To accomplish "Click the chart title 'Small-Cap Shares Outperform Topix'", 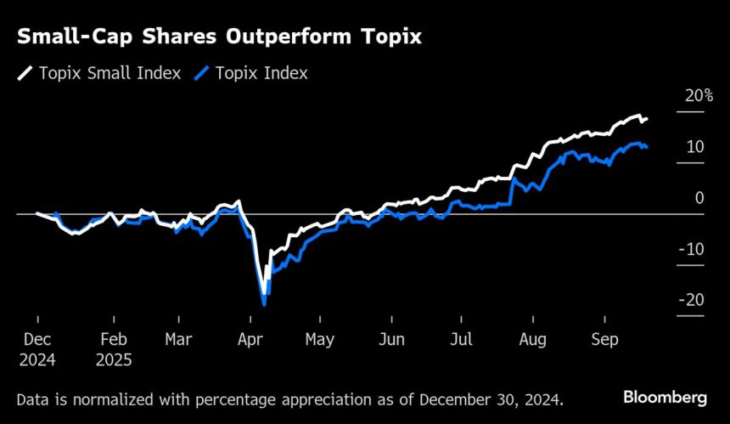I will pos(220,38).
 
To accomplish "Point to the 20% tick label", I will pos(699,96).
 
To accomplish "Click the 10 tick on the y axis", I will pos(695,147).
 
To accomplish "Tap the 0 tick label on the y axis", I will pos(699,198).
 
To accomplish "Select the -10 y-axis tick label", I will pos(692,249).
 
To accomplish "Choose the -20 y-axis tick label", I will pos(692,300).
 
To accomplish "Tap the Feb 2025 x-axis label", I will pos(114,348).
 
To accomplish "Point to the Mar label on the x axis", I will pos(178,340).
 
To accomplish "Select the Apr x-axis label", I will pos(250,340).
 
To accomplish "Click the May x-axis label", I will pos(319,340).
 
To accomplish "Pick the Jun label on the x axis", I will pos(390,340).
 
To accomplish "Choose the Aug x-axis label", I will pos(531,340).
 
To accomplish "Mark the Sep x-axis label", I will pos(603,340).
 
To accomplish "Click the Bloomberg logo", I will pos(665,397).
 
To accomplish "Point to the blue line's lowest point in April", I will pos(265,303).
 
